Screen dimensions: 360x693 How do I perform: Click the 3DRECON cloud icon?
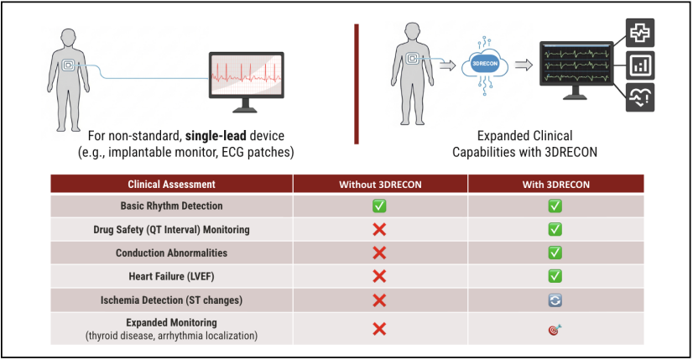point(486,65)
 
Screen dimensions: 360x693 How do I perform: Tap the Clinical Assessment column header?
point(171,184)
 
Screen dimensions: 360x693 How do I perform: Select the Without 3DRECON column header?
point(379,184)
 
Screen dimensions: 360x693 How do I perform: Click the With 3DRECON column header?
point(555,184)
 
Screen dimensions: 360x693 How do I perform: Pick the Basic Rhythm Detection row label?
point(171,206)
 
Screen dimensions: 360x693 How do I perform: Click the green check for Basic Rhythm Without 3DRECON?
point(379,206)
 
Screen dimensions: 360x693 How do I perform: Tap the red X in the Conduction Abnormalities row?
point(379,253)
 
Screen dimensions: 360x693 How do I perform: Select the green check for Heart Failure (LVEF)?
point(555,275)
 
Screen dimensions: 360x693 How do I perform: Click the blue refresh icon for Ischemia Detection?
point(555,299)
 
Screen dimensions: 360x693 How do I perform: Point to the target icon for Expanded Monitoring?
point(555,329)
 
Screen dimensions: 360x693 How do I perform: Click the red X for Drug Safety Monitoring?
point(379,229)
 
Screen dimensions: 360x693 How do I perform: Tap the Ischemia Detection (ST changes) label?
point(171,299)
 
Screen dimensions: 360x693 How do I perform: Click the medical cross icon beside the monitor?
point(641,33)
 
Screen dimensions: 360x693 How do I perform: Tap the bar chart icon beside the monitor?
point(641,65)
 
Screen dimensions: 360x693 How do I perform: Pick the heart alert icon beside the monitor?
point(641,98)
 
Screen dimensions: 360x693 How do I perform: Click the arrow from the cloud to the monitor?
point(523,65)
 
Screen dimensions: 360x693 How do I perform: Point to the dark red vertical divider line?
point(357,84)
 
